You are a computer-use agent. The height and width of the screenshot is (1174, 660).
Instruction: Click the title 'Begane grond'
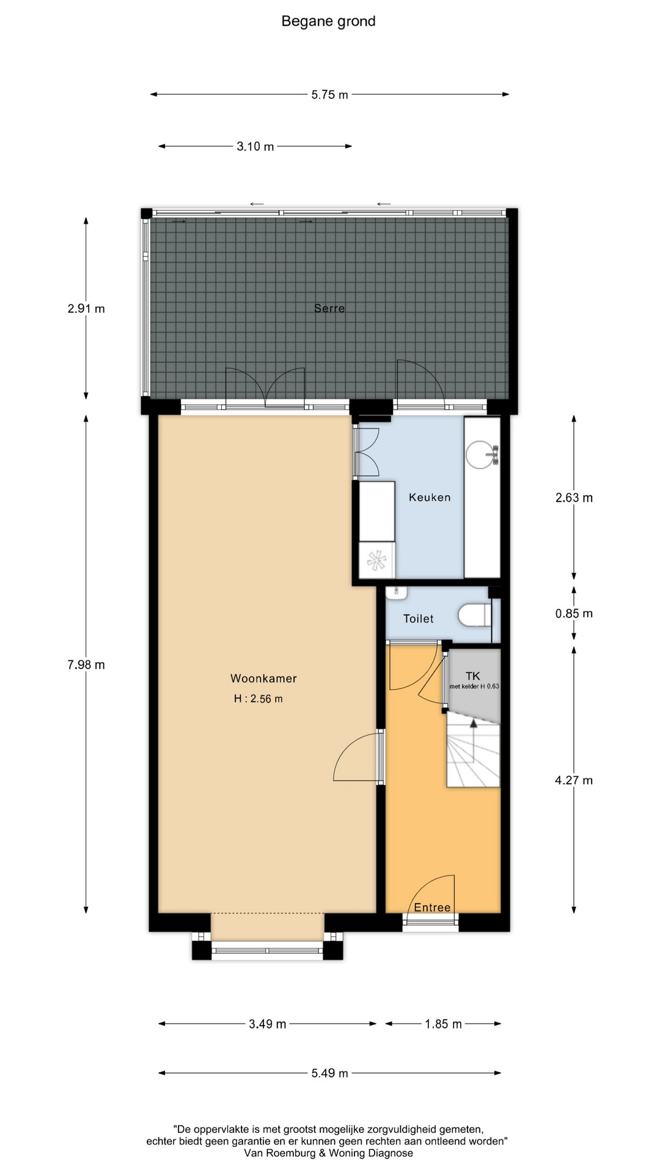328,21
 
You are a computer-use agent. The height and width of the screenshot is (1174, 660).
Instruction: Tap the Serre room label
329,308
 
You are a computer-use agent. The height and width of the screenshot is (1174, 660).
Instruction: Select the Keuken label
430,498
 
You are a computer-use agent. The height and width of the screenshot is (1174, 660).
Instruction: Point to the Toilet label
419,619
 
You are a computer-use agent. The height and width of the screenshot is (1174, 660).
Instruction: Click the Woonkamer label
263,678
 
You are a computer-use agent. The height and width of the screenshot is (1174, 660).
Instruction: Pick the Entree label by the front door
432,907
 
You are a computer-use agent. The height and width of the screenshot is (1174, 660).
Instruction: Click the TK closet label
473,676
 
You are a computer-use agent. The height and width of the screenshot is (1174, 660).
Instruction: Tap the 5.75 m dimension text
330,95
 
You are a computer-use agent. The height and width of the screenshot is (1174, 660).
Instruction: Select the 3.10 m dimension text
255,146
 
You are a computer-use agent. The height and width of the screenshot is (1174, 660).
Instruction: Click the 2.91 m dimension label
86,309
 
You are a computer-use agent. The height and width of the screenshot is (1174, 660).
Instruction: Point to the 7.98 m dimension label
86,665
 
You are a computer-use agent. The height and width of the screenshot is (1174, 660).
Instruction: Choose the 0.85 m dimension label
574,613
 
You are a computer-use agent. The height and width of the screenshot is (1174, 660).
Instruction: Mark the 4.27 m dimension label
574,780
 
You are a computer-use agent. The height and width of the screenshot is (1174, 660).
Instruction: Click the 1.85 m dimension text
444,1024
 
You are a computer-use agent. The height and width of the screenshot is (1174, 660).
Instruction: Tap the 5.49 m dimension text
330,1073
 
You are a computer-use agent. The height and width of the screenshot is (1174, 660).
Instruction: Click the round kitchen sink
480,454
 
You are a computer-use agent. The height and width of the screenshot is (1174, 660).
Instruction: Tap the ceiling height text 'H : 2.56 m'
258,699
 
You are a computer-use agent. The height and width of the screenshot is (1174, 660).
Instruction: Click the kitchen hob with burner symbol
377,560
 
